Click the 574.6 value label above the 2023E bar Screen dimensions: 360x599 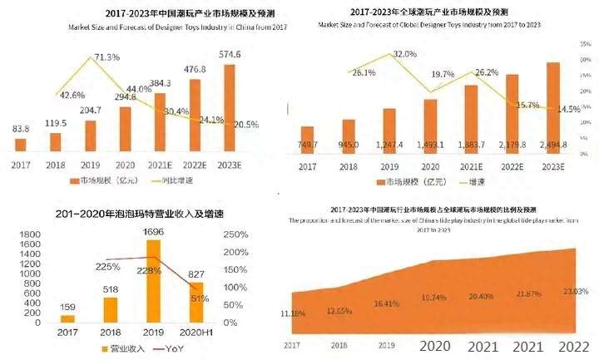pyautogui.click(x=230, y=55)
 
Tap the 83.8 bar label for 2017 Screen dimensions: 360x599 pyautogui.click(x=21, y=129)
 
